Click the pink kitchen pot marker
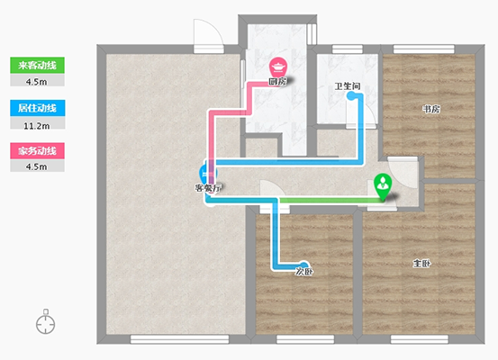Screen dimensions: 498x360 [x=278, y=67]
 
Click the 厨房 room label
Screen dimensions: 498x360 [x=278, y=82]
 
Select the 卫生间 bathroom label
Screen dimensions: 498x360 [x=348, y=86]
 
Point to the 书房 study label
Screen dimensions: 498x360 [x=431, y=109]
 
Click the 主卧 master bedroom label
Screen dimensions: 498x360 [x=421, y=264]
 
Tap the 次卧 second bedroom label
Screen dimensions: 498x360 [x=304, y=272]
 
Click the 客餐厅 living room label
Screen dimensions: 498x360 [x=208, y=188]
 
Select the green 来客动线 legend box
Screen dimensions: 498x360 [x=37, y=65]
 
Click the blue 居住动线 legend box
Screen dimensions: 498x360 [x=38, y=108]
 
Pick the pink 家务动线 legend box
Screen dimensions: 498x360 [x=37, y=151]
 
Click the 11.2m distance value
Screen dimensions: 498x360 [x=37, y=126]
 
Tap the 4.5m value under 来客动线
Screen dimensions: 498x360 [x=37, y=82]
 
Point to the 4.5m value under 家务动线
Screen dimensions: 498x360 [x=37, y=167]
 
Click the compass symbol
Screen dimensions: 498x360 [x=45, y=321]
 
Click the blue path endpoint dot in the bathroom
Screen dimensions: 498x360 [x=351, y=96]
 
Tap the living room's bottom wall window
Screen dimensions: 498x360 [x=180, y=339]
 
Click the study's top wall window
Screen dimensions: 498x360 [x=424, y=49]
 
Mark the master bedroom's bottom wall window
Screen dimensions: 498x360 [x=420, y=339]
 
